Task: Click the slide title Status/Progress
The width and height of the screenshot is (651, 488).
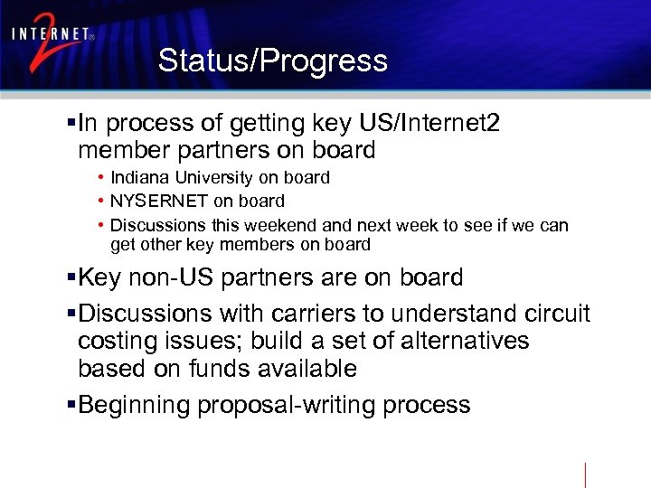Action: point(272,61)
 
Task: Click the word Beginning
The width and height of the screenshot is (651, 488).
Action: point(135,405)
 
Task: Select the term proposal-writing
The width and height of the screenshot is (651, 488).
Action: point(287,405)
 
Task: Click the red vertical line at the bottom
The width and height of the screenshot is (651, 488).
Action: point(586,474)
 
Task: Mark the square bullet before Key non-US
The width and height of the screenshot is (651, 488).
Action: point(72,277)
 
